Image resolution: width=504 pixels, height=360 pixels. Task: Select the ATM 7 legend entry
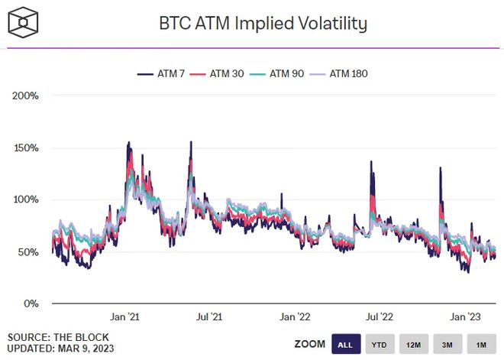pos(161,74)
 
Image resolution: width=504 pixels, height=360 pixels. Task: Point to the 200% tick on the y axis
pos(26,96)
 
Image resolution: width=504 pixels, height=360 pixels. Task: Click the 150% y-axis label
pos(26,148)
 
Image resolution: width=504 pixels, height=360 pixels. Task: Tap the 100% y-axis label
pos(26,199)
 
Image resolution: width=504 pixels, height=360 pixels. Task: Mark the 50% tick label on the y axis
pos(28,251)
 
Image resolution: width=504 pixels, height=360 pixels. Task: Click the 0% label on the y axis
pos(31,303)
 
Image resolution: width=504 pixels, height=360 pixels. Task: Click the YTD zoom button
pos(379,345)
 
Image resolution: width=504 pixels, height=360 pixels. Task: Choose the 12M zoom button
pos(413,345)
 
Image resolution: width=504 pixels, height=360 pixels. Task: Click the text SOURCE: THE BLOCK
pos(58,337)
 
